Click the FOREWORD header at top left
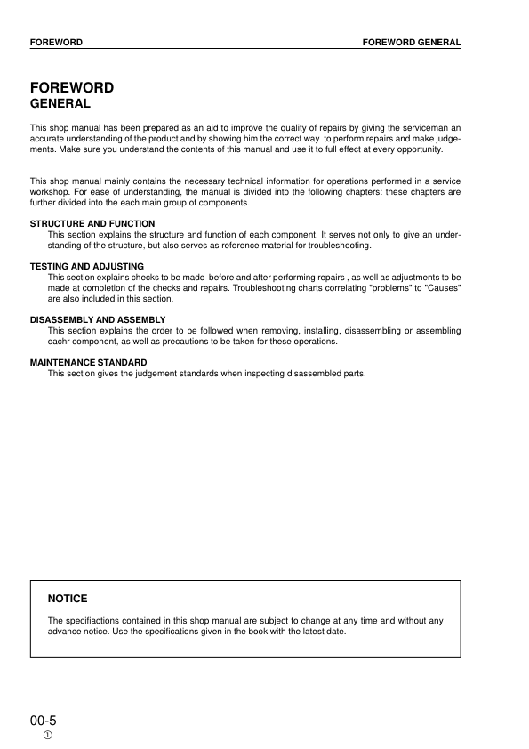click(x=56, y=43)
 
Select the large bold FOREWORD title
click(x=72, y=88)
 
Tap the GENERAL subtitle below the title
click(x=59, y=104)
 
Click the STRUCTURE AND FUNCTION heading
click(x=92, y=223)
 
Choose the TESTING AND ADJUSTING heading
click(x=87, y=266)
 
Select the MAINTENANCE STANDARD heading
click(x=89, y=362)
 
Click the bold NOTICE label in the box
click(x=68, y=599)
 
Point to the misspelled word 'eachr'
click(x=60, y=342)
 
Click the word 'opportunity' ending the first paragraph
click(x=416, y=149)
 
